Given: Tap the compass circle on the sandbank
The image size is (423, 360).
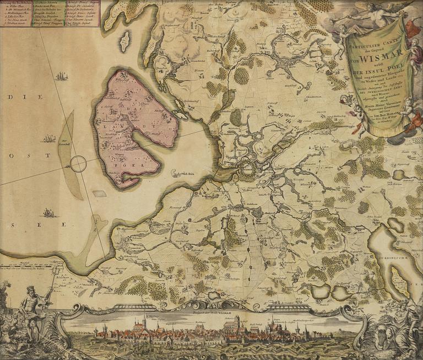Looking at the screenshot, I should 78,164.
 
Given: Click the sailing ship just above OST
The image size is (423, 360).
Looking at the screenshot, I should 49,138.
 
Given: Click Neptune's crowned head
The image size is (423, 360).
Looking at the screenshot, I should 30,290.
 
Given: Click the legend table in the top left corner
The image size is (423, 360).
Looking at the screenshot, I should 50,13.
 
